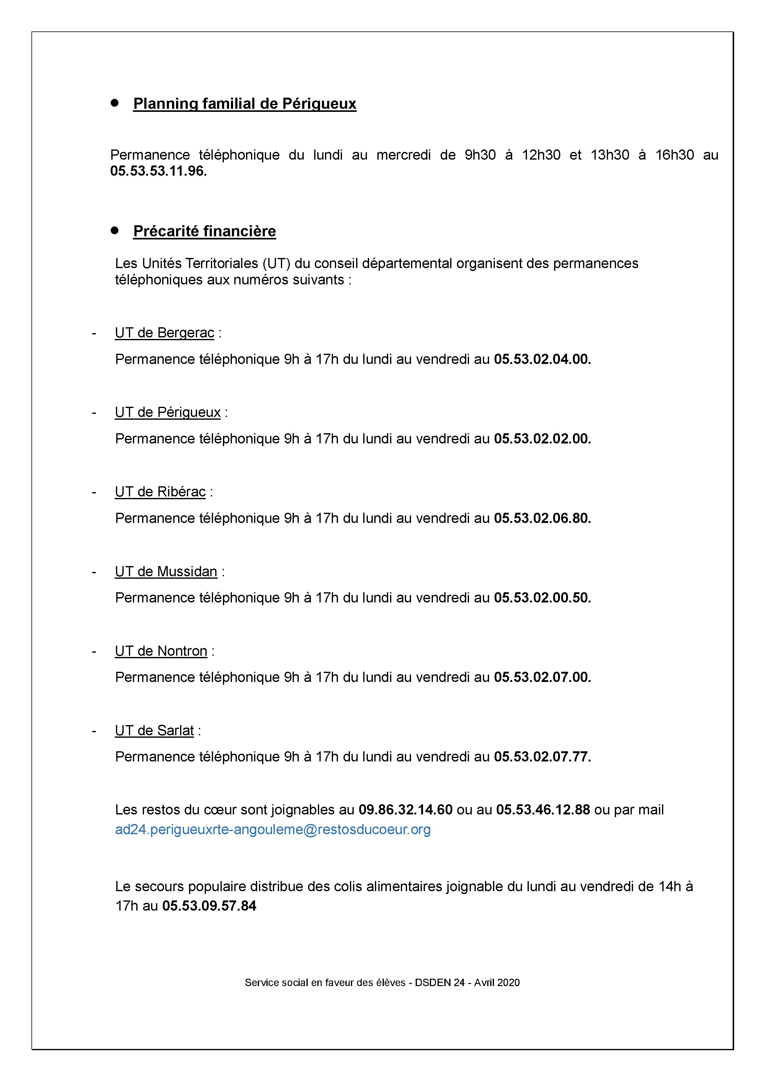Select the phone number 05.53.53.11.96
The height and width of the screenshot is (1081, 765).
click(158, 171)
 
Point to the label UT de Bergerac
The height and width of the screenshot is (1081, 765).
click(164, 333)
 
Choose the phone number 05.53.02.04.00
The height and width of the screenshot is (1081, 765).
click(542, 359)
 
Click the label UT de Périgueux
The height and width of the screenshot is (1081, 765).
click(168, 412)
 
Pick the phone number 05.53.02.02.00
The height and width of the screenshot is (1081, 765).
click(542, 439)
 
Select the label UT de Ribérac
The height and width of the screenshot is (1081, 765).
click(160, 492)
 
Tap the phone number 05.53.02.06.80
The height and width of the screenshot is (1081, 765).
click(542, 518)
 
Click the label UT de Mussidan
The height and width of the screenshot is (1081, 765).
click(166, 572)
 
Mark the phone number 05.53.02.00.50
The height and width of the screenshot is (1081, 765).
click(542, 598)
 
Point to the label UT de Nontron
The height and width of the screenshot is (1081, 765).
click(161, 651)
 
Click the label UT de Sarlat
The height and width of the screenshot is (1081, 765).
click(154, 731)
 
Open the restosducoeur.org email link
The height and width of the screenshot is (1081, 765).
click(273, 830)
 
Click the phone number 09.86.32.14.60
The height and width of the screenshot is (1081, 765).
click(405, 810)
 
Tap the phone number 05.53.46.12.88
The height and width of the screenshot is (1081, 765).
click(543, 810)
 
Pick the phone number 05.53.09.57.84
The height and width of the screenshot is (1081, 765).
click(209, 906)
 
